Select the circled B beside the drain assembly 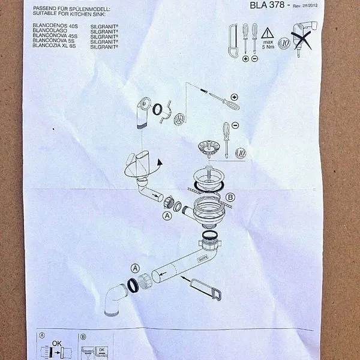click(x=232, y=197)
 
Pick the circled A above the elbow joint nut click(x=136, y=268)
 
